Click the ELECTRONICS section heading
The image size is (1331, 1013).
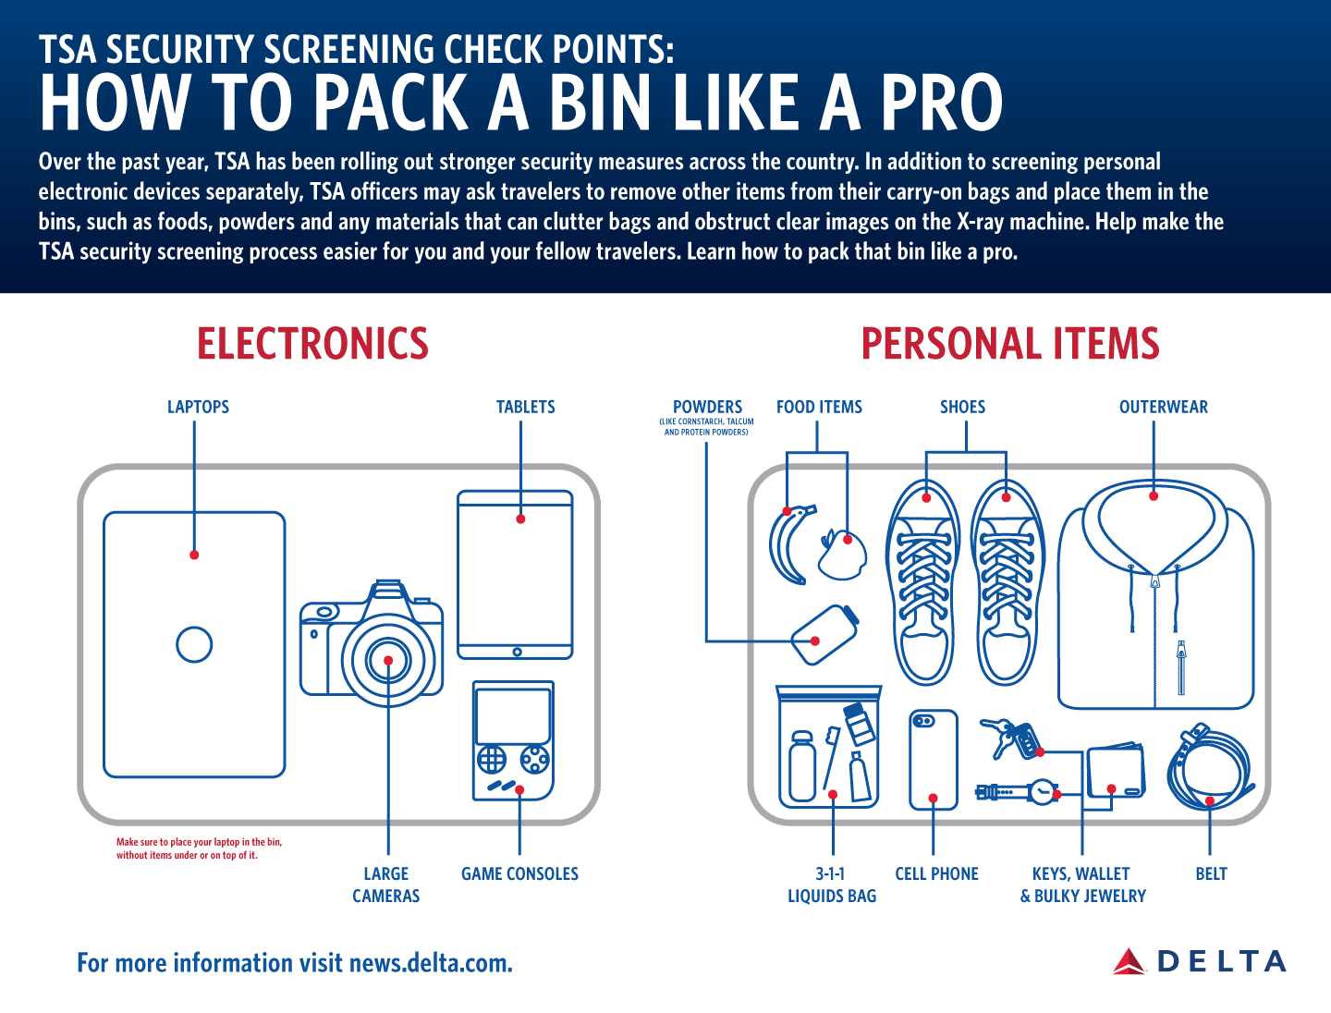click(x=313, y=344)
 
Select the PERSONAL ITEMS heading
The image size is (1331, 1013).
click(x=1010, y=344)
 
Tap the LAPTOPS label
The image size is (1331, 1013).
click(x=199, y=407)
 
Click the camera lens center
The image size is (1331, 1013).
click(x=388, y=660)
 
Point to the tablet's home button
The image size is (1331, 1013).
click(x=517, y=653)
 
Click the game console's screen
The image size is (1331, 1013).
click(x=513, y=716)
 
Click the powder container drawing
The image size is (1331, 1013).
click(x=824, y=634)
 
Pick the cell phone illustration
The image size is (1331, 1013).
click(x=934, y=760)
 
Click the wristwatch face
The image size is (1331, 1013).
click(x=1043, y=792)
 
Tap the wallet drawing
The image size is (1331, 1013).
click(x=1116, y=770)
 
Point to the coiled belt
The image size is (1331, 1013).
click(x=1207, y=769)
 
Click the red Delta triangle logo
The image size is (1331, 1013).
click(x=1129, y=961)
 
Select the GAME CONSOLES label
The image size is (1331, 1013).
click(x=519, y=873)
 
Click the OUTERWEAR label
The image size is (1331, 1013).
click(x=1163, y=407)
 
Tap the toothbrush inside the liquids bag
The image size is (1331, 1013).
click(x=831, y=758)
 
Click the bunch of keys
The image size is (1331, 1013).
click(x=1009, y=738)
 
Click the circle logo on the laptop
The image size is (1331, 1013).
click(x=194, y=644)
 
